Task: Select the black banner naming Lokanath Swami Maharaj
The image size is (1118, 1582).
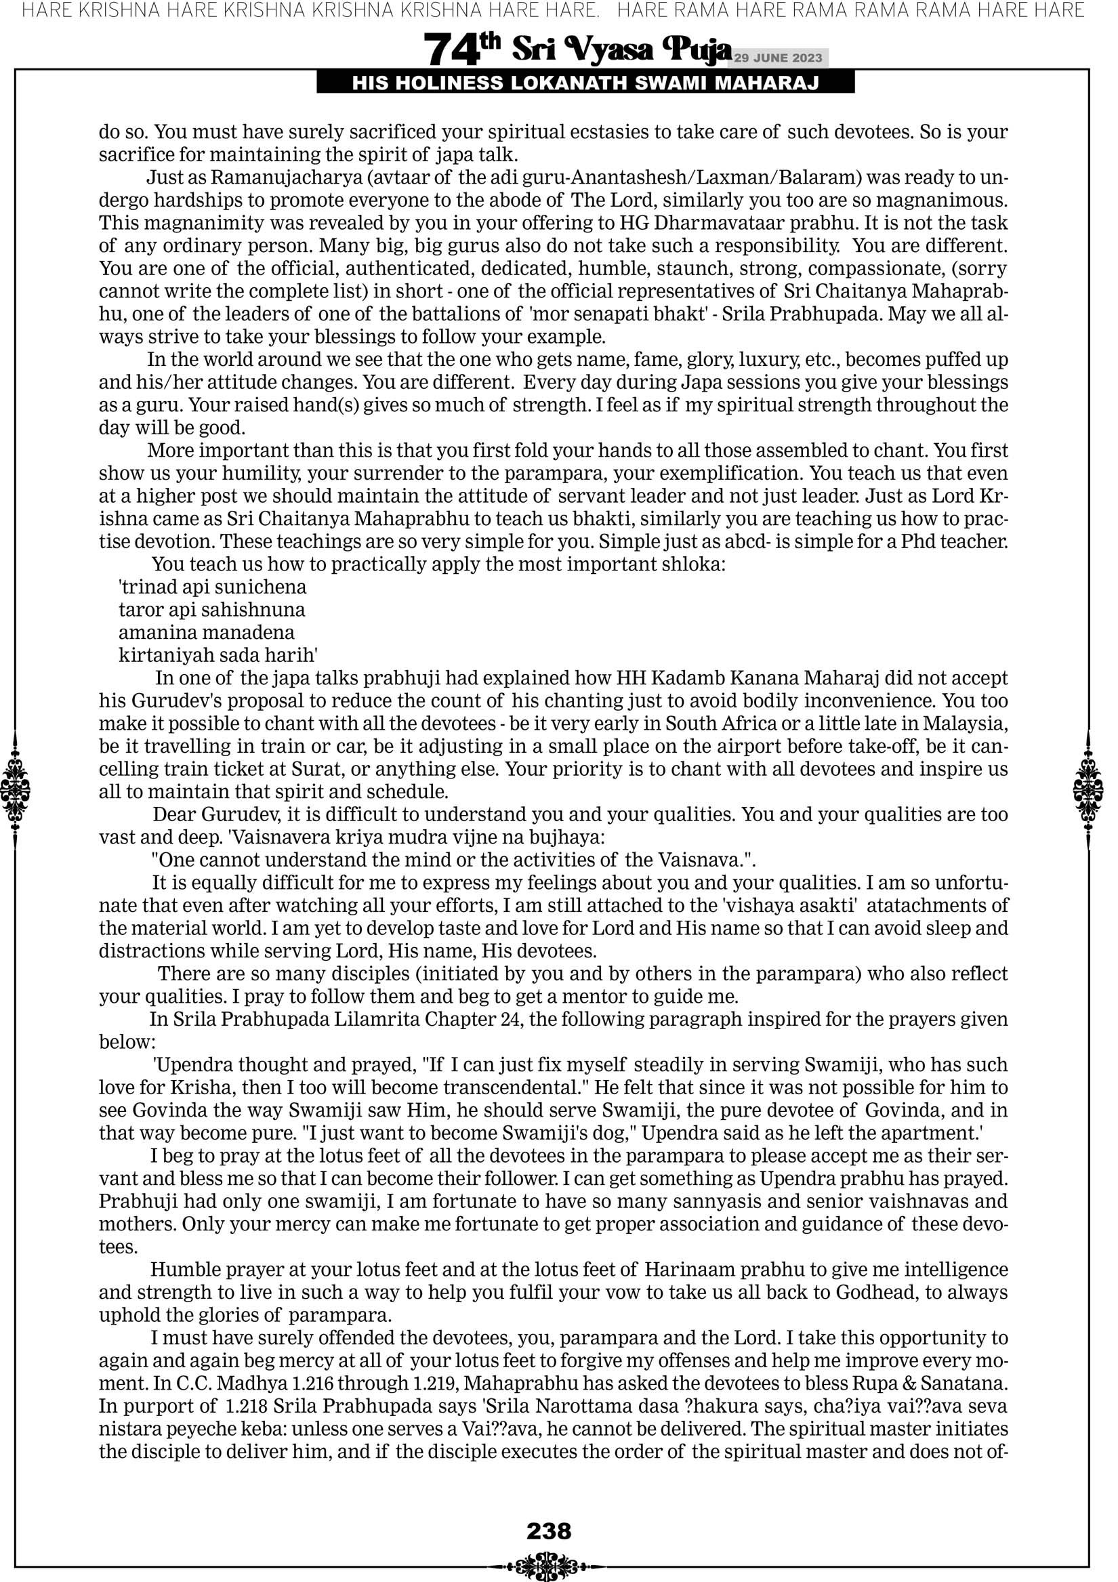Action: [x=585, y=83]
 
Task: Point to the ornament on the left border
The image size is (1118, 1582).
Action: [x=15, y=791]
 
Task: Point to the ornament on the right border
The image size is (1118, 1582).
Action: [x=1088, y=791]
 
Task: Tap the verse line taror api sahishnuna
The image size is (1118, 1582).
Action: [x=211, y=610]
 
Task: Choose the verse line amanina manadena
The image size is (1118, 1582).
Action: [x=206, y=633]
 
